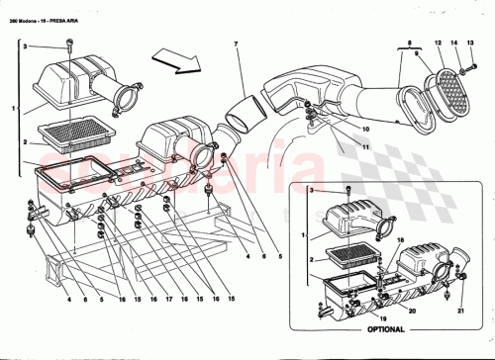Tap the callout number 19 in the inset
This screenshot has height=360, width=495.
coord(383,318)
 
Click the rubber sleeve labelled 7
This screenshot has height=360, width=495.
coord(245,108)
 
